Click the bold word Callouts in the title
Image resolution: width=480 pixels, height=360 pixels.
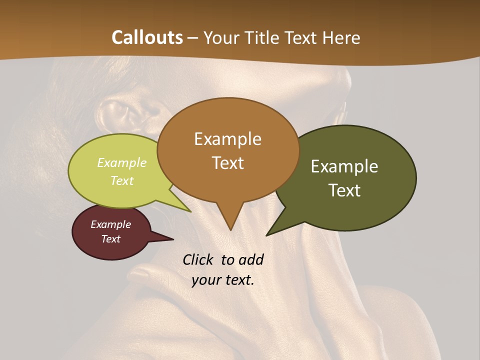(x=147, y=37)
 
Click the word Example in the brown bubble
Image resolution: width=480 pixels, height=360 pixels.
(x=227, y=139)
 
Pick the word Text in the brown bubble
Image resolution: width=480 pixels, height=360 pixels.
(x=227, y=163)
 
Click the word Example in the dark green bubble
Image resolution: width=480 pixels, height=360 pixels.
(x=344, y=166)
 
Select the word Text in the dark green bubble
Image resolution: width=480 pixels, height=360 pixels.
(x=344, y=190)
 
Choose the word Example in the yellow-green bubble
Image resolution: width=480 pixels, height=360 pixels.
(x=122, y=163)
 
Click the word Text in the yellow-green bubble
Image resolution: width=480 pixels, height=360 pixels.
(x=122, y=180)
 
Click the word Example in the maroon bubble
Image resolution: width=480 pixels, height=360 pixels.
(x=110, y=224)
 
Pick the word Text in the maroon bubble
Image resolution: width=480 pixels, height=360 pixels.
(x=110, y=239)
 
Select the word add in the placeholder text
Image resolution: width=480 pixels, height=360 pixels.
(x=251, y=259)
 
